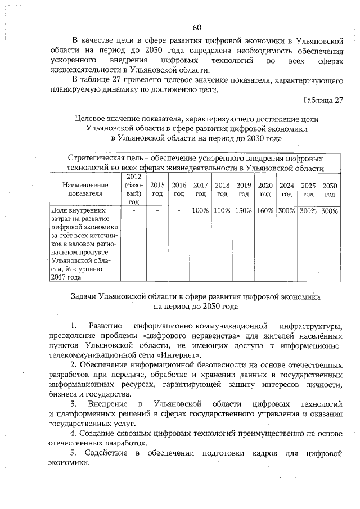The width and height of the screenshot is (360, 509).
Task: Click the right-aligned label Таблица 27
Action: click(322, 101)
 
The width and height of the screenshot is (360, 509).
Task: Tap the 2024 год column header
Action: click(287, 190)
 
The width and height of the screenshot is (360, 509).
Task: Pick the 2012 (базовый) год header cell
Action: click(133, 190)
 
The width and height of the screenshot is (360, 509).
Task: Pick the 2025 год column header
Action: click(308, 190)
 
